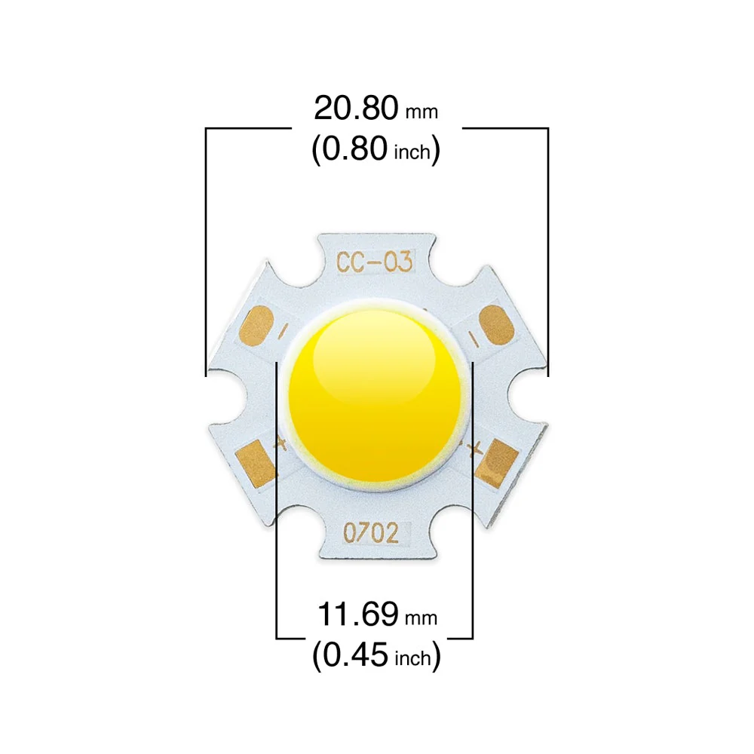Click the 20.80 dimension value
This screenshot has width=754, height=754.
356,108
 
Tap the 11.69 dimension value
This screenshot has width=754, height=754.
357,614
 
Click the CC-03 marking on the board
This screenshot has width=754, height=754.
374,262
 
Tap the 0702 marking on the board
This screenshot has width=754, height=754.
371,533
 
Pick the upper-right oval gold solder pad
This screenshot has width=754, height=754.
497,326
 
